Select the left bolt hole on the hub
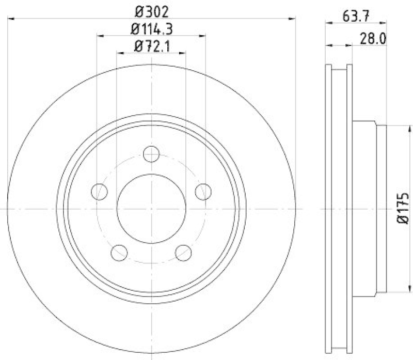[99, 192]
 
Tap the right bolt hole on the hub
[203, 192]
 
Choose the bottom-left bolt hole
[119, 253]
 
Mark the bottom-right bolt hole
[183, 253]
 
